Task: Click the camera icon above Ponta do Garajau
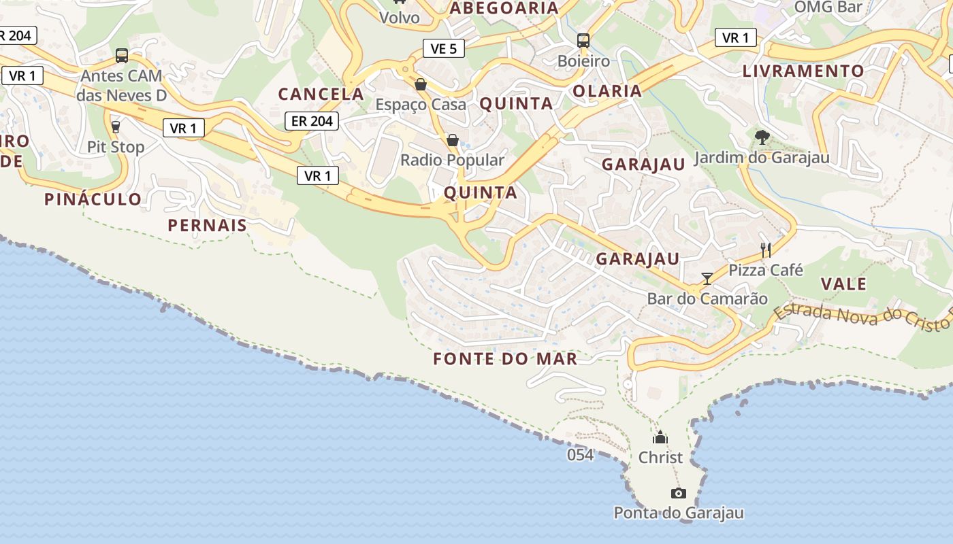point(678,493)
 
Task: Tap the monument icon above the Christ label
point(660,437)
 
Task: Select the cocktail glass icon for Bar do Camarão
point(707,278)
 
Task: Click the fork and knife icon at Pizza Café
point(766,250)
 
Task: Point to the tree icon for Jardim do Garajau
point(762,137)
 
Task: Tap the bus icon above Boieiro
point(583,40)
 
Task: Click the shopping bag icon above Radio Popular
point(452,140)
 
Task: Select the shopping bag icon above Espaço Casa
point(421,84)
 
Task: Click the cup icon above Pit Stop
point(115,126)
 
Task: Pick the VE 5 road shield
point(443,48)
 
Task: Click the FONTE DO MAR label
point(505,358)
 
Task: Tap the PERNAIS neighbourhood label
point(207,225)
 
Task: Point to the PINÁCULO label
point(93,199)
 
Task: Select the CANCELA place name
point(321,94)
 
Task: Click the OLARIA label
point(607,91)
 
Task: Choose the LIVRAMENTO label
point(803,71)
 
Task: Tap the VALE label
point(843,284)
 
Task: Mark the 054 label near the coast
point(580,455)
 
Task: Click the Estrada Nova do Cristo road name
point(861,317)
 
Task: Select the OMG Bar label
point(828,7)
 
